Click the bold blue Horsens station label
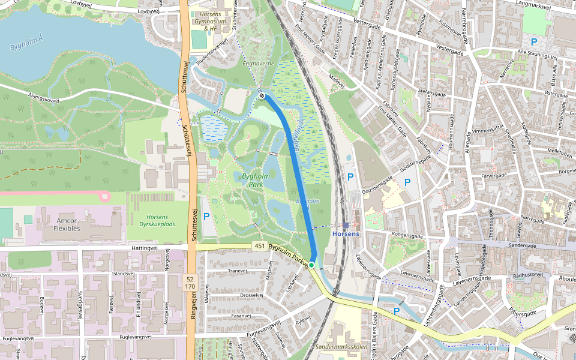[346, 233]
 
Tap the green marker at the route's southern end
[311, 265]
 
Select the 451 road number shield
[259, 246]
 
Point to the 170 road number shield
[190, 286]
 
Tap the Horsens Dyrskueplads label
[157, 220]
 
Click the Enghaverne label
[259, 62]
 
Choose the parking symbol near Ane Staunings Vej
[533, 42]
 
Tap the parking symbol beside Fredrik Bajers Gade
[396, 311]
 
